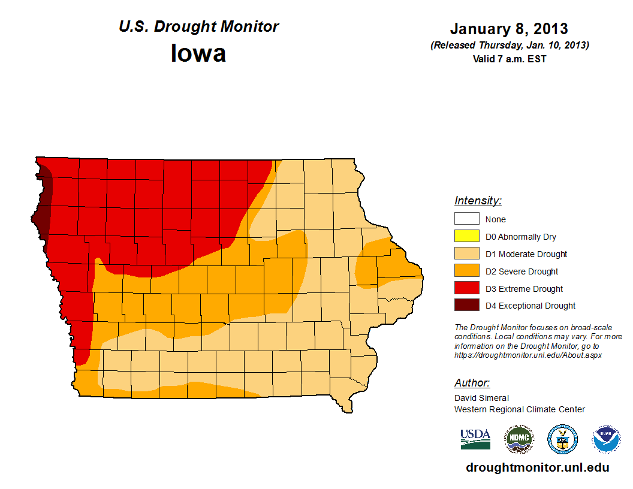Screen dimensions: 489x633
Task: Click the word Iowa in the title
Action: coord(198,54)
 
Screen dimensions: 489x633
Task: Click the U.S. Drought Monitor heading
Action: coord(198,27)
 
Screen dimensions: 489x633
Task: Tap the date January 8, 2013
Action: coord(509,29)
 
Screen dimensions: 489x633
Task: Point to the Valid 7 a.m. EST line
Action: coord(509,59)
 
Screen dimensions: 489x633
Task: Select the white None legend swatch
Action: coord(466,219)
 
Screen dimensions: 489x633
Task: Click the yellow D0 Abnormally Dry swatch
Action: coord(466,237)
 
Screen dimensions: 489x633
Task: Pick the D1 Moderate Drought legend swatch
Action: coord(466,254)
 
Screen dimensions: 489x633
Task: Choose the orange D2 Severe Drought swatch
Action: coord(466,271)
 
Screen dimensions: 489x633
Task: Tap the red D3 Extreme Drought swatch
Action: coord(466,289)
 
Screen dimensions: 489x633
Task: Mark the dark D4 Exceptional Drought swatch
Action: coord(466,306)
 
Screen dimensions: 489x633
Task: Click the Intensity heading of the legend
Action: coord(478,201)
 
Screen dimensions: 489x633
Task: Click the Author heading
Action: coord(472,383)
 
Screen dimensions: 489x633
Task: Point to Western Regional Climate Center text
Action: coord(519,409)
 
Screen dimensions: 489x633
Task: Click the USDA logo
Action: coord(475,439)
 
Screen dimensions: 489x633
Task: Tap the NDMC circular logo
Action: coord(519,439)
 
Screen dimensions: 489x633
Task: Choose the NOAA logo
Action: coord(607,439)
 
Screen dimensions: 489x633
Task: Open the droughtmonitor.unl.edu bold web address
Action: coord(537,468)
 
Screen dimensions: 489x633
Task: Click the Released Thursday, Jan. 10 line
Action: coord(509,46)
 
